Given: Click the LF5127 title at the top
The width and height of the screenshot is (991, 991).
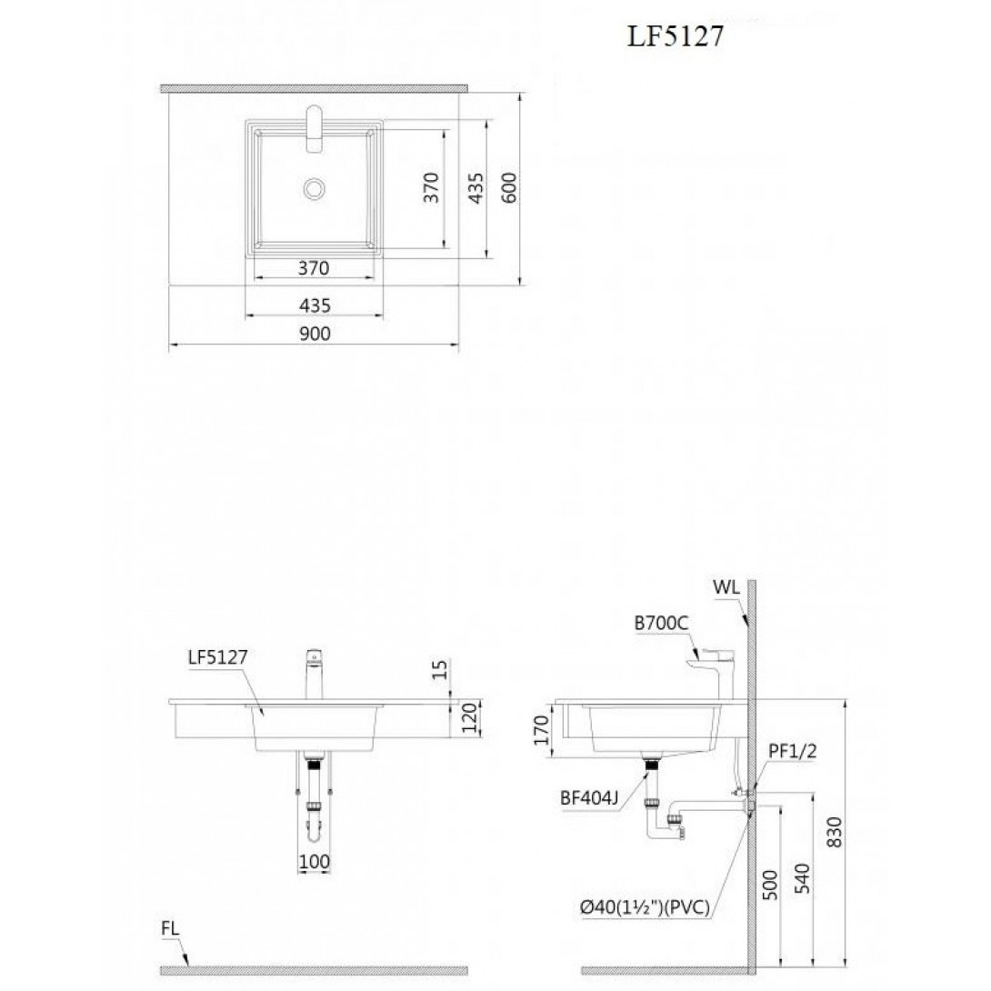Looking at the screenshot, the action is (675, 37).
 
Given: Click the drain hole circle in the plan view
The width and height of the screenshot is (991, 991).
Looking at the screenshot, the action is (314, 188).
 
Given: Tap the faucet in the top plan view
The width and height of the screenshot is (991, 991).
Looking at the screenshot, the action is (314, 128).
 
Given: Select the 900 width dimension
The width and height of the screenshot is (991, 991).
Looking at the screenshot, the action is (315, 333).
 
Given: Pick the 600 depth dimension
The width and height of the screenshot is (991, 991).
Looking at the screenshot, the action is (510, 187).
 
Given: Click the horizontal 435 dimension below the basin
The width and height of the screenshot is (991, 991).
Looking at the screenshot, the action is (315, 305).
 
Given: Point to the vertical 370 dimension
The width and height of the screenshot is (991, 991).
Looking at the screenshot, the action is (431, 187).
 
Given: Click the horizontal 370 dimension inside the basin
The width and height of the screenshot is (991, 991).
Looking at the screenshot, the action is (314, 268).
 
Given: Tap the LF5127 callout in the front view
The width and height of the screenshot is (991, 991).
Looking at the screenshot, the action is (218, 657).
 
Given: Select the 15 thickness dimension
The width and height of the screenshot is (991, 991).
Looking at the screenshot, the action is (441, 669).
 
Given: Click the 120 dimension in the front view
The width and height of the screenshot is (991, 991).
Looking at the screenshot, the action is (469, 718).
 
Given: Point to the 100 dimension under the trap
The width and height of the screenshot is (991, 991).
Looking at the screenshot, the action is (314, 861).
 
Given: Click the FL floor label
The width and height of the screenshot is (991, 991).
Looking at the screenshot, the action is (170, 929).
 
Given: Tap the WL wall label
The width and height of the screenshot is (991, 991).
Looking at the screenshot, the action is (726, 587).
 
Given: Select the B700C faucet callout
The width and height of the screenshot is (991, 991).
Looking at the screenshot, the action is (661, 624).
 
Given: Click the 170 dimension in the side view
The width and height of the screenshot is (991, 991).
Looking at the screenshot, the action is (541, 730).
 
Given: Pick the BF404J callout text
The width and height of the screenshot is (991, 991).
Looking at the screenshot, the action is (589, 798).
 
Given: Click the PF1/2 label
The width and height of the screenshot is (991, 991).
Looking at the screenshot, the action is (793, 752).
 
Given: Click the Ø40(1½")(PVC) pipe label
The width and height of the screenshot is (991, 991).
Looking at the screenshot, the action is (645, 908).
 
